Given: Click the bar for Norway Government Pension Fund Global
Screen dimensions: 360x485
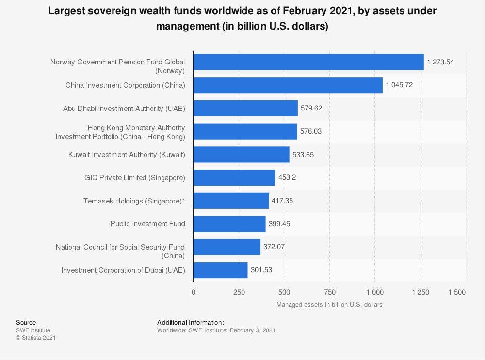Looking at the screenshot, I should click(308, 62).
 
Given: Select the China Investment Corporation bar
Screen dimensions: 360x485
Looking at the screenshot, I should click(288, 85).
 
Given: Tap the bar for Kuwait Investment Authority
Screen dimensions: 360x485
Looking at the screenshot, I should click(241, 155).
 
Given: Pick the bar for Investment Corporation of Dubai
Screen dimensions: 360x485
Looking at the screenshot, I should click(220, 270).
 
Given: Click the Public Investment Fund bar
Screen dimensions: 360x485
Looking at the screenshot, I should click(229, 224).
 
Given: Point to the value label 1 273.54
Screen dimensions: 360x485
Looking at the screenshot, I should click(440, 62).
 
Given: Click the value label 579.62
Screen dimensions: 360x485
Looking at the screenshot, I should click(311, 108).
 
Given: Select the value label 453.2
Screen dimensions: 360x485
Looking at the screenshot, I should click(287, 177).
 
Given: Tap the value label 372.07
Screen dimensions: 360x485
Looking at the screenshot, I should click(274, 247).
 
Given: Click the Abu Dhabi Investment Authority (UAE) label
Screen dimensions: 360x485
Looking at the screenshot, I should click(124, 108).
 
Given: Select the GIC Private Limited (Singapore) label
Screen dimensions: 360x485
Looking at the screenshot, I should click(135, 178).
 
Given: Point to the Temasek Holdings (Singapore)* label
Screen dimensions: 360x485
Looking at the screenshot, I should click(134, 201).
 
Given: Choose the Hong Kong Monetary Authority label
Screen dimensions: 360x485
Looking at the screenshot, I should click(120, 132).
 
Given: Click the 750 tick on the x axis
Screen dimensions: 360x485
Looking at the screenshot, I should click(329, 292).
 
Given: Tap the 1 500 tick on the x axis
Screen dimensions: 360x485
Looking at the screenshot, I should click(456, 292).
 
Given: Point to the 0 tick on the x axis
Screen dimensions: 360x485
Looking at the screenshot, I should click(194, 292).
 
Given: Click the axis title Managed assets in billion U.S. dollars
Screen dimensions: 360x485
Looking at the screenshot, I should click(329, 305).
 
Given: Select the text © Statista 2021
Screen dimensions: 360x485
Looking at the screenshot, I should click(36, 338).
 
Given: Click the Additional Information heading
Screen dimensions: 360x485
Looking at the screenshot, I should click(191, 322).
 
